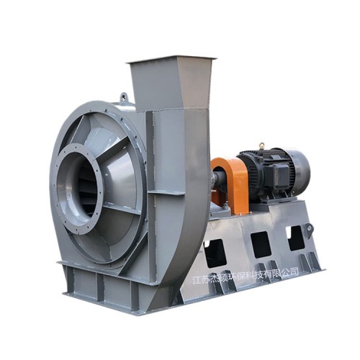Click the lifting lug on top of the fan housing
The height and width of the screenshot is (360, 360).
124,96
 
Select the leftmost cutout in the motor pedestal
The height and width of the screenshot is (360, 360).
215,253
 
